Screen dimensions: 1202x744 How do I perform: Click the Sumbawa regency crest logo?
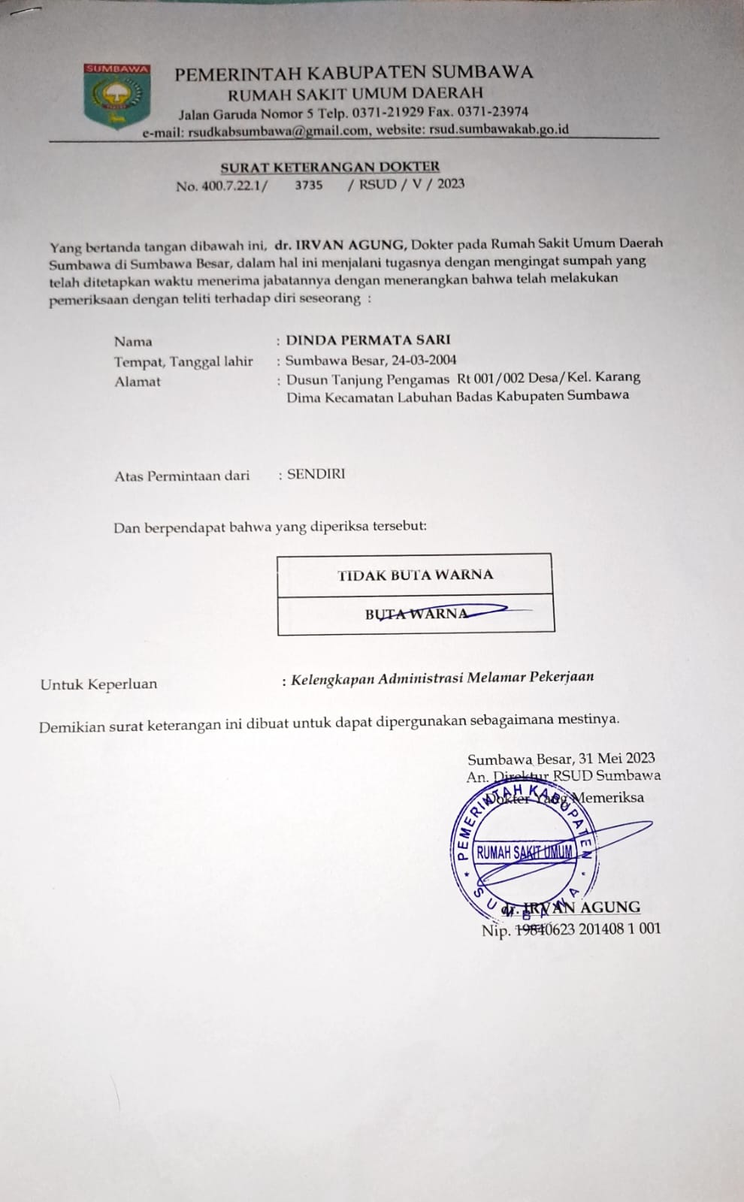(x=116, y=95)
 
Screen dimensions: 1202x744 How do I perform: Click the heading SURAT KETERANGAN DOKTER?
(x=330, y=167)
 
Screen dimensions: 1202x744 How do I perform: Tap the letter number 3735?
(x=308, y=185)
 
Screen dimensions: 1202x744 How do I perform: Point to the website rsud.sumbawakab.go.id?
(x=498, y=129)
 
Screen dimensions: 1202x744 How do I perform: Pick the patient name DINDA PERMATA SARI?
(x=368, y=340)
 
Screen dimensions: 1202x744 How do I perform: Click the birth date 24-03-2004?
(x=425, y=360)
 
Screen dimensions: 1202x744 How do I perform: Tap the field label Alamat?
(x=138, y=382)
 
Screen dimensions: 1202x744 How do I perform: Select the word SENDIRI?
(x=316, y=474)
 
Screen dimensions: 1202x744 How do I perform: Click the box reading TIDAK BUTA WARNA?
(x=415, y=575)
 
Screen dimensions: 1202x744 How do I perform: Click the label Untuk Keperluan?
(x=99, y=684)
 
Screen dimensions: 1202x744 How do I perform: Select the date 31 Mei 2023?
(x=617, y=759)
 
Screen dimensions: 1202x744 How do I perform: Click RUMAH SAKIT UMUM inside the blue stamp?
(x=525, y=852)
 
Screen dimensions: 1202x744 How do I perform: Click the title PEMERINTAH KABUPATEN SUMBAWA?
(x=354, y=73)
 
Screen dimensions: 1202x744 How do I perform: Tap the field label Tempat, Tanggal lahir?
(x=183, y=361)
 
